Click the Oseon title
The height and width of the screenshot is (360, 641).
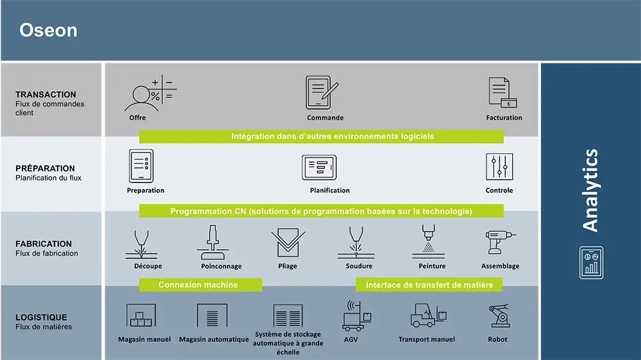pyautogui.click(x=48, y=30)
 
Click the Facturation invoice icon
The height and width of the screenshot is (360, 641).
pyautogui.click(x=503, y=93)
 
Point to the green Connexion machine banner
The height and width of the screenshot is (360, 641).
pyautogui.click(x=200, y=285)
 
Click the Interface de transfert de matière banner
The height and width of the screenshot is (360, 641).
pyautogui.click(x=429, y=285)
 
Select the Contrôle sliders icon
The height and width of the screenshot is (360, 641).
pyautogui.click(x=499, y=167)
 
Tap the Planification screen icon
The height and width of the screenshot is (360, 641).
pyautogui.click(x=319, y=167)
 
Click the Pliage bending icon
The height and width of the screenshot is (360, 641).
pyautogui.click(x=288, y=243)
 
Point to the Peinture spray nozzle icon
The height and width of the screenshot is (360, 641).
pyautogui.click(x=428, y=241)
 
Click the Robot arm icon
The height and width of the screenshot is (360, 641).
pyautogui.click(x=499, y=315)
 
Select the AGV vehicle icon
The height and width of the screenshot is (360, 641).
pyautogui.click(x=356, y=315)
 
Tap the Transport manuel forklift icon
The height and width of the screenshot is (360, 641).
pyautogui.click(x=428, y=315)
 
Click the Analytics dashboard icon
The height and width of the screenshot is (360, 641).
pyautogui.click(x=591, y=263)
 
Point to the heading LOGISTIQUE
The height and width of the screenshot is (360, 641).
pyautogui.click(x=41, y=318)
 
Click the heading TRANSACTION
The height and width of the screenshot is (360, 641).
pyautogui.click(x=46, y=94)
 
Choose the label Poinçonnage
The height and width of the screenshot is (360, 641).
pyautogui.click(x=221, y=266)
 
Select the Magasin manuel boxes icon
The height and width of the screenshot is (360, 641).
pyautogui.click(x=141, y=315)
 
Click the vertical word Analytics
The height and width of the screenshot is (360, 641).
pyautogui.click(x=590, y=190)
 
